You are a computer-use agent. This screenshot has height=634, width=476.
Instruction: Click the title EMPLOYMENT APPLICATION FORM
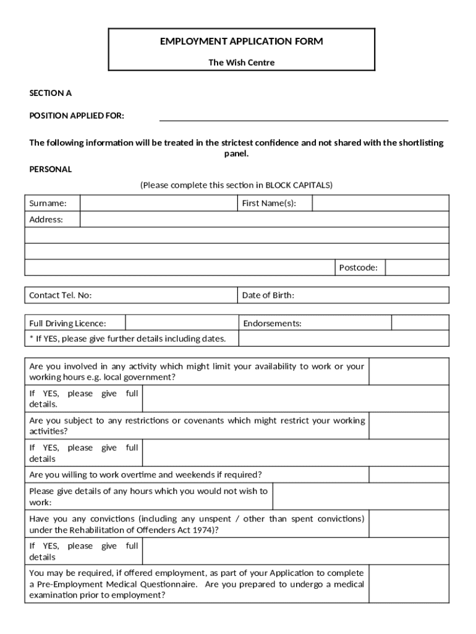241,41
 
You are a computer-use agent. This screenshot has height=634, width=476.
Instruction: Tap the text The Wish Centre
241,63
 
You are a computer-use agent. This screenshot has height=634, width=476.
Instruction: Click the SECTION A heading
51,93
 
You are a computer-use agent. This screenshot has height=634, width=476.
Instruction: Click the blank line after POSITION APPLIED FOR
304,116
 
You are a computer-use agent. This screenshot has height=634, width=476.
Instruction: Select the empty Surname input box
158,203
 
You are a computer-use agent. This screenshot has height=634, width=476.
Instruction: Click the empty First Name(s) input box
380,203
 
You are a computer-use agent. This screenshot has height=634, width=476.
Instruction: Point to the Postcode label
358,267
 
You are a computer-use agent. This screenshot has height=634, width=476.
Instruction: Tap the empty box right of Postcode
417,267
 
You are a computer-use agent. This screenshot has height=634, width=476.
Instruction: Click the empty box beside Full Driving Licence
182,323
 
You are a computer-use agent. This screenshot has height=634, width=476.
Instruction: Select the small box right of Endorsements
420,323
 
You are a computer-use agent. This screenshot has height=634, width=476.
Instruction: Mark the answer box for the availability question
409,371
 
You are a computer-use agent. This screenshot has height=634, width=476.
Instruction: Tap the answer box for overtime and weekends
409,475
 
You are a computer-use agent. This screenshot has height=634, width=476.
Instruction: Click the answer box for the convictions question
409,524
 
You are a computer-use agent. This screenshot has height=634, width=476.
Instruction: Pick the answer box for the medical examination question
409,584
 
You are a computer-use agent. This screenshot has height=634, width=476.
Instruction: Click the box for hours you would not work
360,497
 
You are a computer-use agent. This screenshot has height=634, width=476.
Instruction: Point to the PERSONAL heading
51,169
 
